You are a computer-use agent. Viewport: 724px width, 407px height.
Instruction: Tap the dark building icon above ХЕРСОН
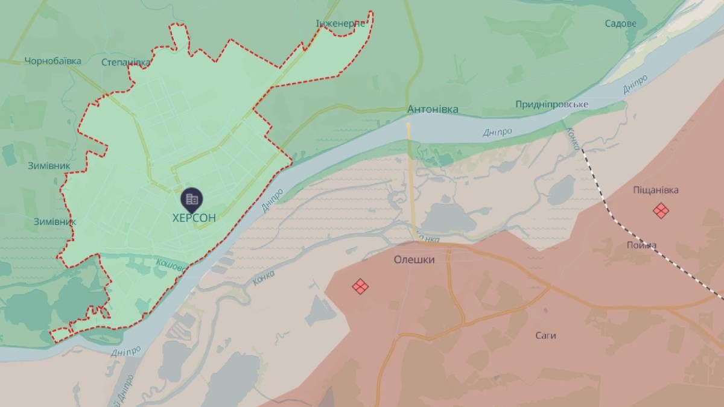[x=191, y=198]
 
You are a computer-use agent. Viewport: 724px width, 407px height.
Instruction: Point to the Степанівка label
[x=125, y=62]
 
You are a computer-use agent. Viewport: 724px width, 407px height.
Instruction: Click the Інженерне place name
[x=341, y=24]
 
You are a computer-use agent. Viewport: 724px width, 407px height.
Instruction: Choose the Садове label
[x=620, y=24]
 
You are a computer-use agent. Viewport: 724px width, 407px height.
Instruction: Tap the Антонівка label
[x=433, y=110]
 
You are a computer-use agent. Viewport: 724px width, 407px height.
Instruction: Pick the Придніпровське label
[x=551, y=104]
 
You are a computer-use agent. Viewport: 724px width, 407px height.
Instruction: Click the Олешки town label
[x=414, y=259]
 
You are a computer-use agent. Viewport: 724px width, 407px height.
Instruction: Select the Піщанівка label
[x=656, y=190]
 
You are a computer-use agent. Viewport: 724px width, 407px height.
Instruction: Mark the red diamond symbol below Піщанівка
[x=661, y=210]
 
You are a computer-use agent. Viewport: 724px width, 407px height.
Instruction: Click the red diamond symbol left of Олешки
[x=360, y=286]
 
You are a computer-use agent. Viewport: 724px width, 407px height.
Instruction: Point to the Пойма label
[x=641, y=245]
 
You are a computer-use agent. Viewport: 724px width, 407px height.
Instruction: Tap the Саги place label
[x=545, y=335]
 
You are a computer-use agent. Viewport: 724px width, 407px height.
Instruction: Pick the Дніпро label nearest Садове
[x=635, y=84]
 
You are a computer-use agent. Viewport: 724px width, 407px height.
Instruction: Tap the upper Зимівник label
[x=49, y=165]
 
